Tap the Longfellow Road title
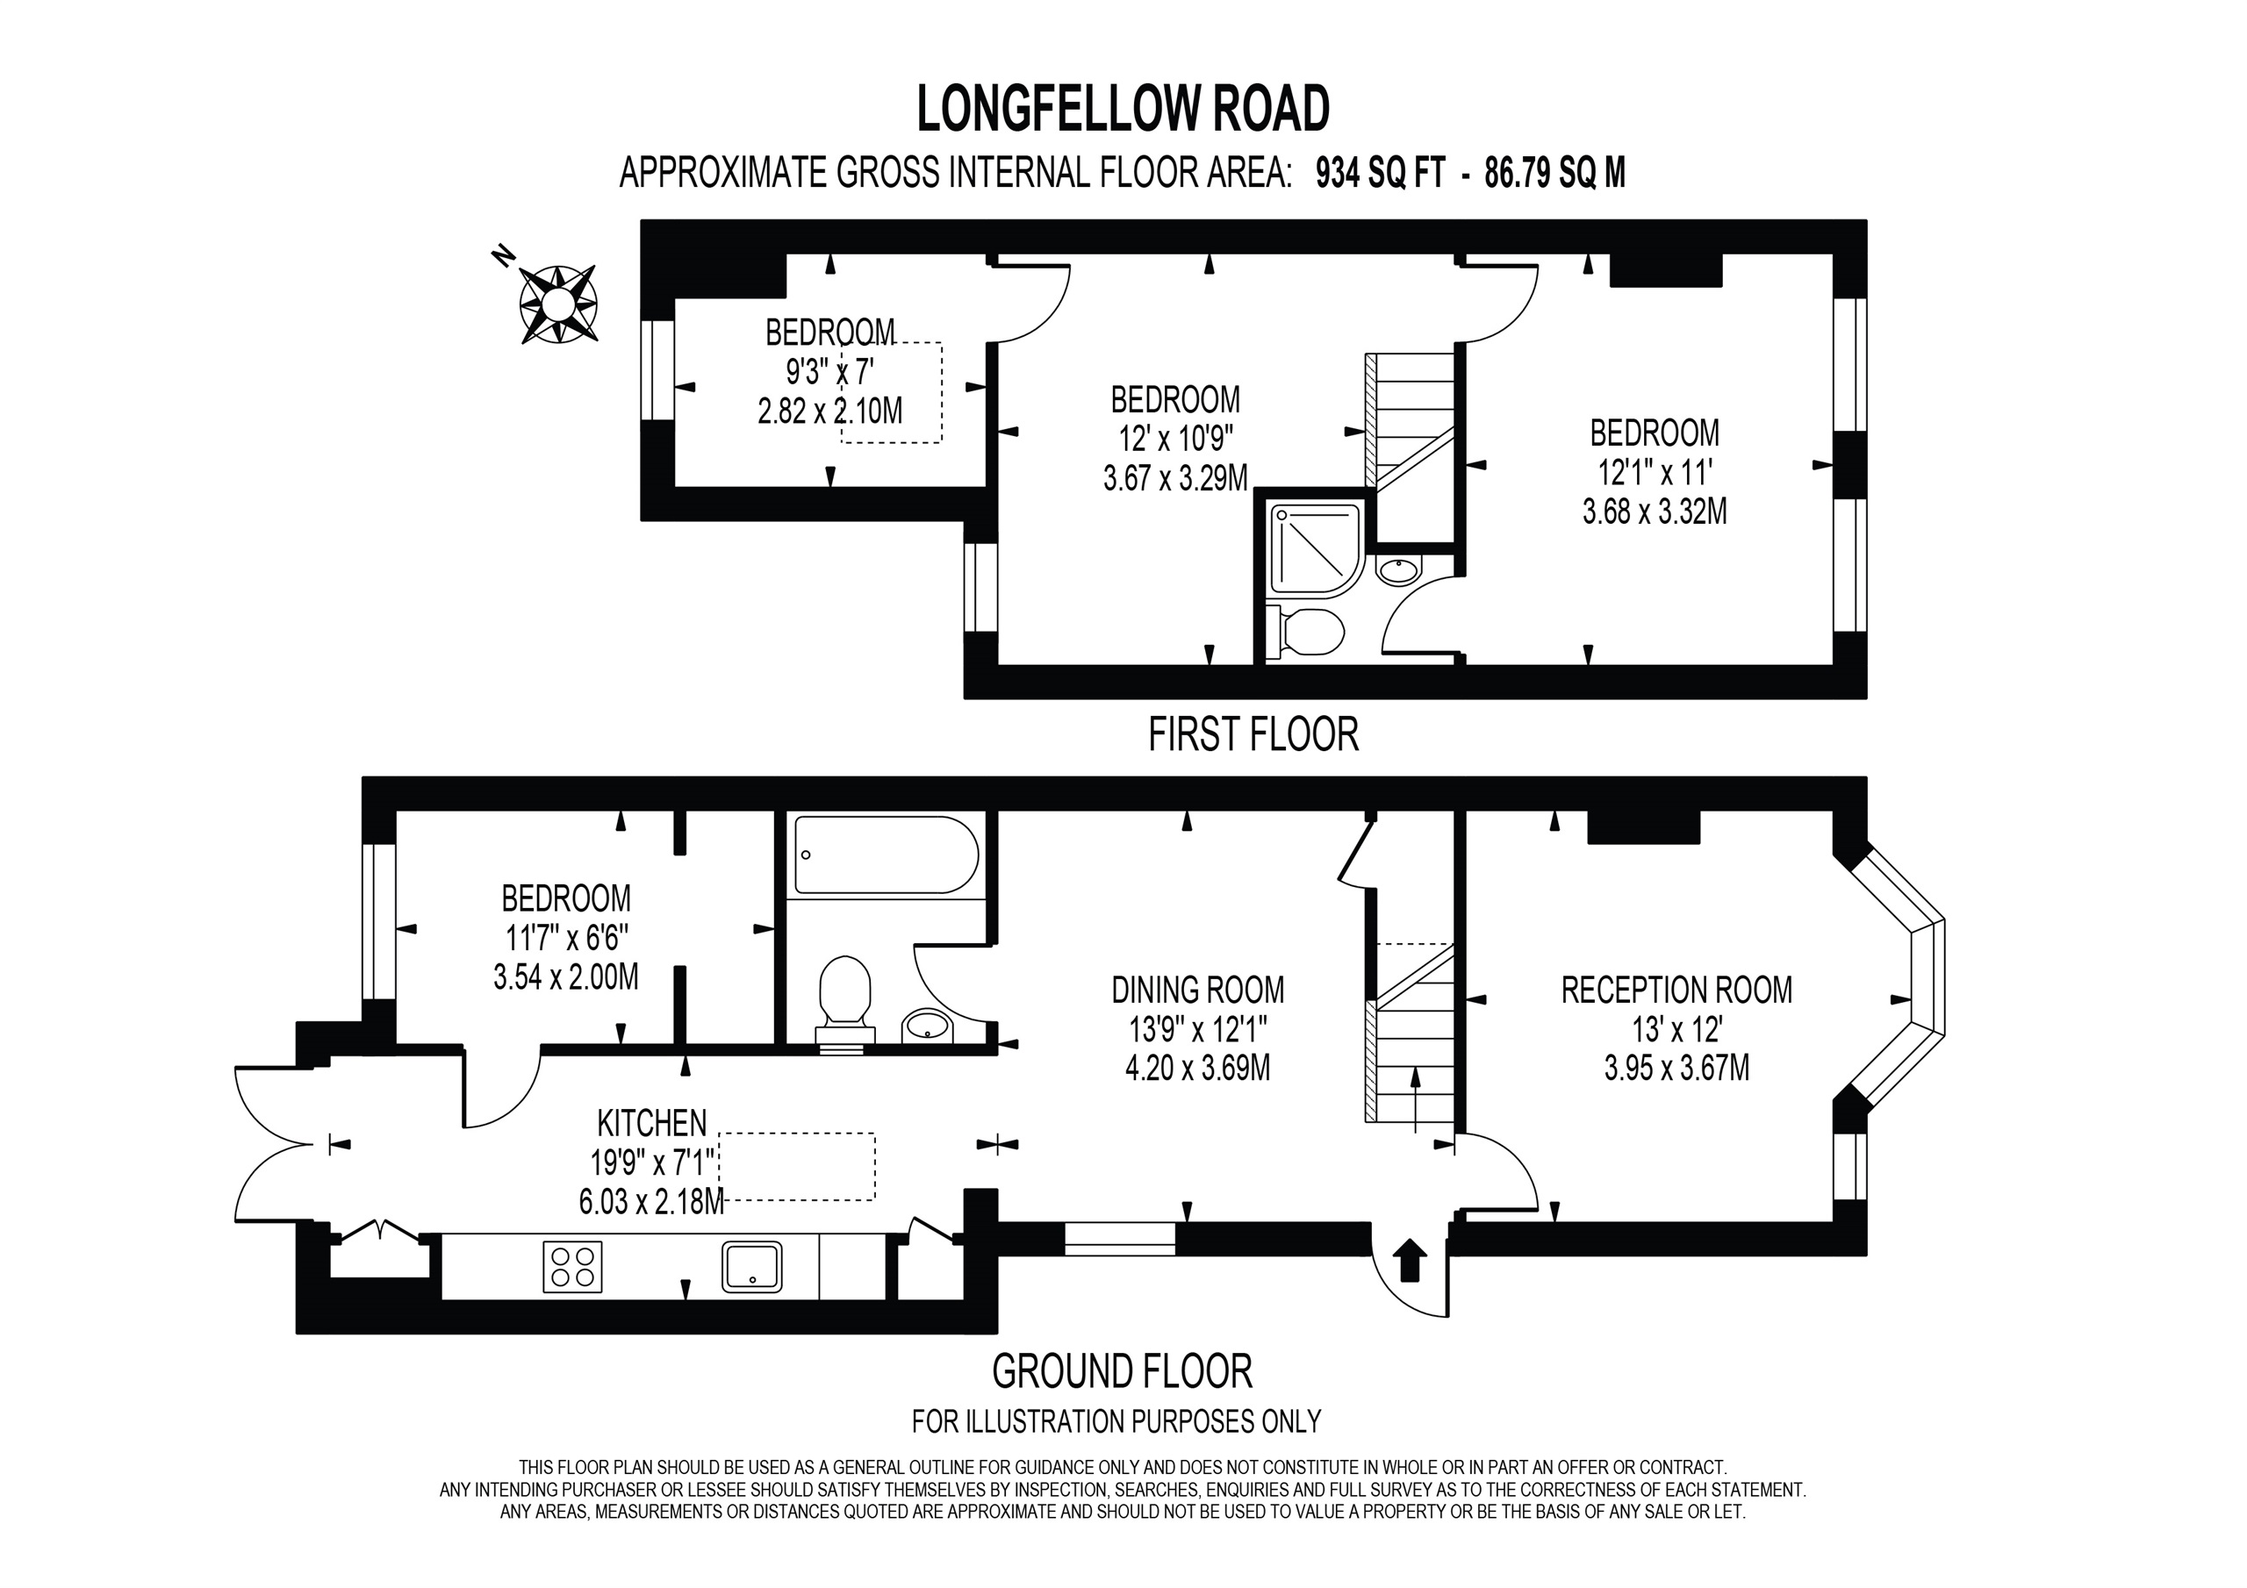[x=1123, y=110]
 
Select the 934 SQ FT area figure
[x=1380, y=173]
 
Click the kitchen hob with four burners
[x=572, y=1266]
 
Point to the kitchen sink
[x=751, y=1266]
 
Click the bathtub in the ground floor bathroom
[x=886, y=855]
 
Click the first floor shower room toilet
[x=1308, y=632]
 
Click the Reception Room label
[x=1676, y=991]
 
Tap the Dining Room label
[x=1197, y=991]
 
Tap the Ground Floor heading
[x=1122, y=1370]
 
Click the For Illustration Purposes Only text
[x=1116, y=1420]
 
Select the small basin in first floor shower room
[x=1398, y=569]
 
